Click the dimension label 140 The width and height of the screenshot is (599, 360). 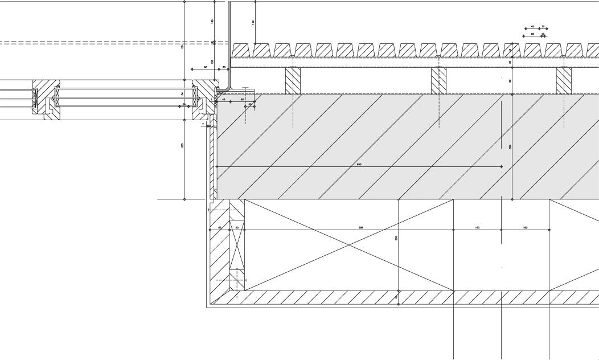253,22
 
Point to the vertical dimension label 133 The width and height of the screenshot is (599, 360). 212,21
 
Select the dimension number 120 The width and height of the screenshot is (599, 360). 212,62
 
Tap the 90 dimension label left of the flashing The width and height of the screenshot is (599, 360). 205,67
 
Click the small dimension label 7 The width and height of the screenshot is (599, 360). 203,124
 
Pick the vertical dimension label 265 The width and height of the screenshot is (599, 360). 182,145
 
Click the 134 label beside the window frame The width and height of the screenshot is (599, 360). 182,94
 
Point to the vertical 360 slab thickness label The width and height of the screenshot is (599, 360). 510,147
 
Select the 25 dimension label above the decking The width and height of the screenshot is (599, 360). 543,26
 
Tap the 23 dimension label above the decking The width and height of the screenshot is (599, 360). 543,34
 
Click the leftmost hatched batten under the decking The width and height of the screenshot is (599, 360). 293,80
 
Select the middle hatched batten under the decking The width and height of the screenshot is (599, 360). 438,80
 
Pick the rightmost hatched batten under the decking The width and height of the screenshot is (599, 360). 564,80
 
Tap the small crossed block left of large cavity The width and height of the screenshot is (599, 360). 237,244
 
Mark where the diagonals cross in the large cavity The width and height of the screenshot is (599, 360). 349,245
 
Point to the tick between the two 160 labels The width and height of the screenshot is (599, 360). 501,230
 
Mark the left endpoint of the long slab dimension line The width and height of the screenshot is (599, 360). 216,166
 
